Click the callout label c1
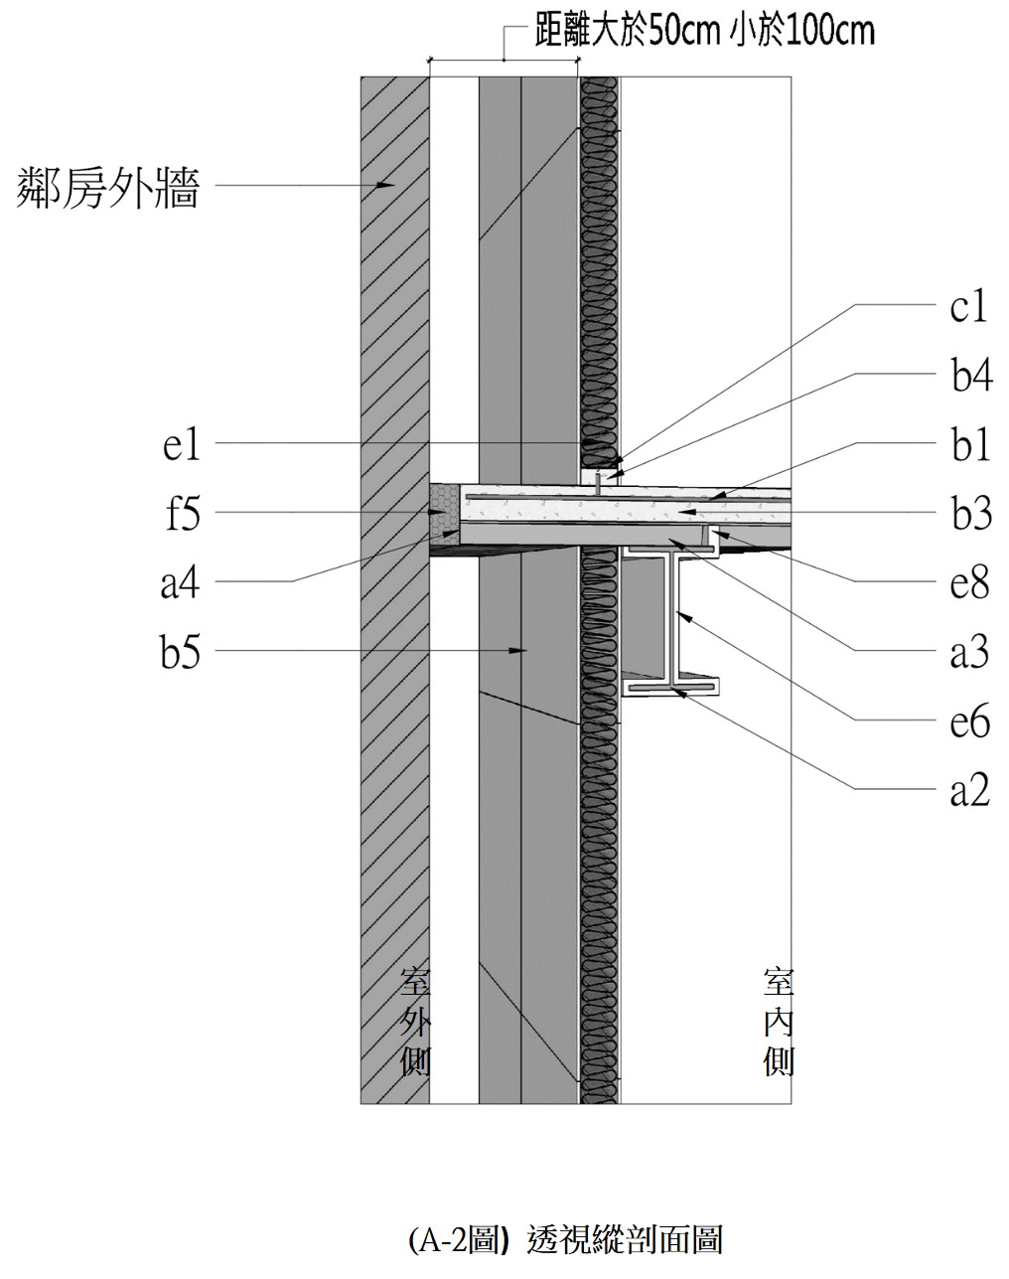tap(968, 308)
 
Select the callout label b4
tap(968, 377)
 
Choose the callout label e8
tap(968, 583)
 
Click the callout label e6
tap(969, 721)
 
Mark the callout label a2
tap(969, 790)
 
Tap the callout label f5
tap(183, 514)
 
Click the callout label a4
tap(181, 583)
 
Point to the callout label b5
tap(182, 653)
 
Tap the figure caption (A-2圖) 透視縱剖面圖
tap(565, 1239)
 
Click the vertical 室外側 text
tap(413, 1023)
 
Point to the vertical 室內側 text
tap(778, 1023)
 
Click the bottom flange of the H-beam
tap(669, 686)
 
